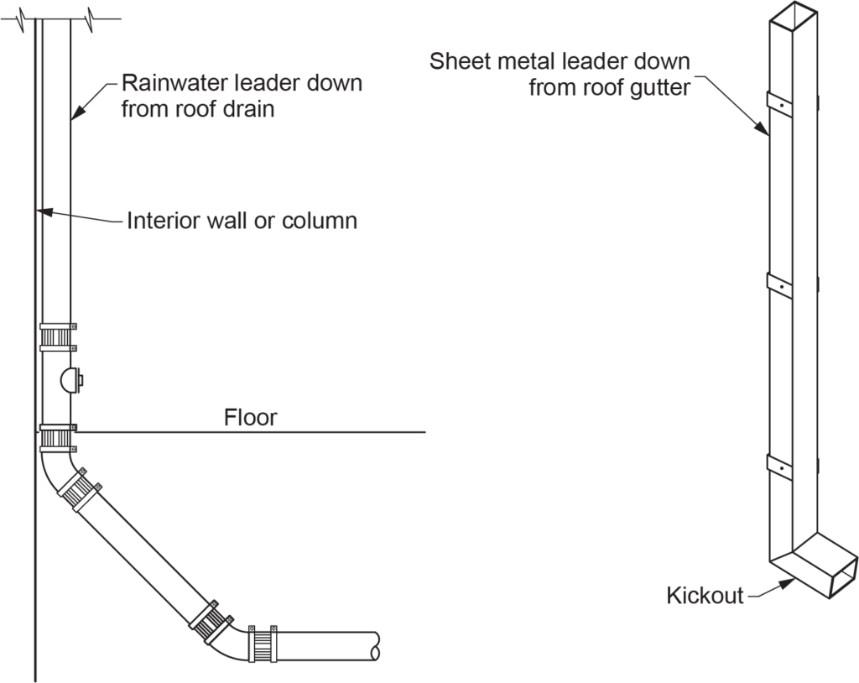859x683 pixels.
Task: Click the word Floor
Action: [x=250, y=417]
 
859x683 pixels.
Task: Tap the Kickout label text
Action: [x=705, y=596]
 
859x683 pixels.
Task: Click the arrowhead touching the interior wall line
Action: [x=44, y=213]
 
